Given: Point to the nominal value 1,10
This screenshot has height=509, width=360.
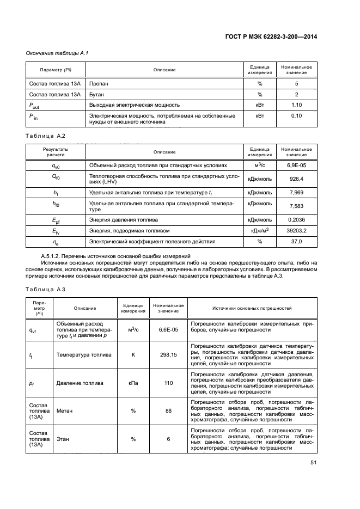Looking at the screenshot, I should pyautogui.click(x=296, y=105).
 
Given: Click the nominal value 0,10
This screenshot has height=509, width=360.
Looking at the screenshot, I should pyautogui.click(x=296, y=116).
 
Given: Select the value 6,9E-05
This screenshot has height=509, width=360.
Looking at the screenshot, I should pyautogui.click(x=296, y=164).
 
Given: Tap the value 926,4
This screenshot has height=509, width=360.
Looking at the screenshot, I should pyautogui.click(x=296, y=178).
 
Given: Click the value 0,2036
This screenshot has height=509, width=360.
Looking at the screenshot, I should pyautogui.click(x=296, y=220).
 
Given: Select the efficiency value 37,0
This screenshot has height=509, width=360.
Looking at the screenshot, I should pyautogui.click(x=296, y=241).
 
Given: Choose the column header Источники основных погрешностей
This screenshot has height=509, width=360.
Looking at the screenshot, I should pyautogui.click(x=252, y=308).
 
